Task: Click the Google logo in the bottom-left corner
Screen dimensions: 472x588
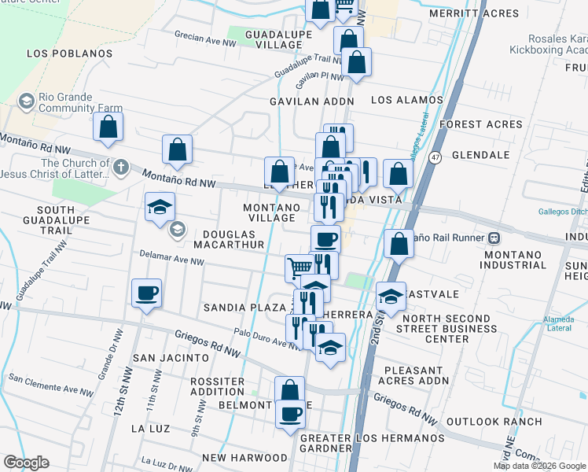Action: click(26, 463)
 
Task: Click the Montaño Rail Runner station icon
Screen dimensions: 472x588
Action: click(494, 237)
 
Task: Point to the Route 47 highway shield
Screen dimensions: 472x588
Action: click(434, 158)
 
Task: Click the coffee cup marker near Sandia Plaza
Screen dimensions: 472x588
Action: click(147, 295)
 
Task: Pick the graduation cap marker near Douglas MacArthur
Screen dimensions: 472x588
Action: click(160, 208)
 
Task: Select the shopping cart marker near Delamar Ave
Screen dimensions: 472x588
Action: click(299, 267)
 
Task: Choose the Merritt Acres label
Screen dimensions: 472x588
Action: click(475, 13)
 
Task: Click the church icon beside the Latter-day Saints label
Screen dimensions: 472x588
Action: click(120, 167)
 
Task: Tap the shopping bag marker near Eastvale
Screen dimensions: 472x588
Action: click(399, 244)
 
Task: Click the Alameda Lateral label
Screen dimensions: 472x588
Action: click(558, 323)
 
